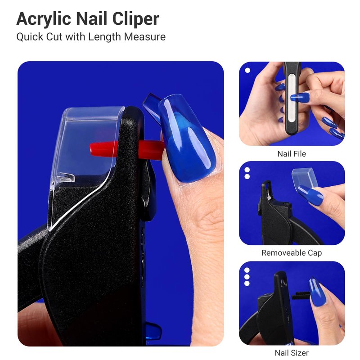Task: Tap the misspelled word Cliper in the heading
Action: point(135,19)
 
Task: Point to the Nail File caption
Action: point(292,153)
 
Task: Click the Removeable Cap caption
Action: point(292,253)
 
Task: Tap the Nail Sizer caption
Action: point(292,352)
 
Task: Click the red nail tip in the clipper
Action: point(126,149)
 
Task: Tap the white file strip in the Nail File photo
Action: point(292,98)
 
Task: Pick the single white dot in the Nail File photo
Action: point(247,70)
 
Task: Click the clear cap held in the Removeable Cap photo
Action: point(305,178)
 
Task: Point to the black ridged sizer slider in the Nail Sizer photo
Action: point(301,295)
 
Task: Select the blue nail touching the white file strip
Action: point(300,97)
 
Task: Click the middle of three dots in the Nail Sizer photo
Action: point(247,277)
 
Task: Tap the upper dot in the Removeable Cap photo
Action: point(247,170)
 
